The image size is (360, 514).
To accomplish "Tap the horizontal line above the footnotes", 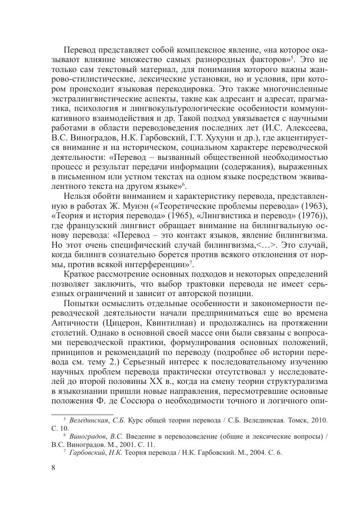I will [82, 414].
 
